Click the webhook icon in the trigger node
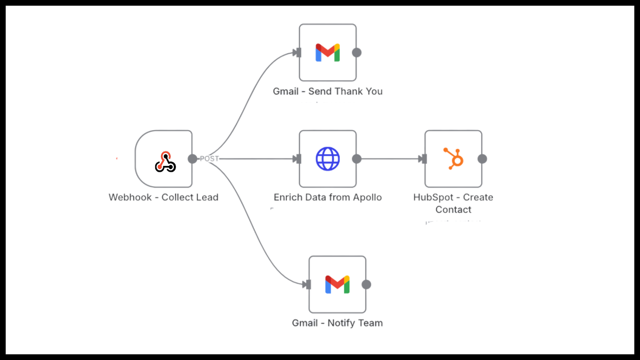coord(165,161)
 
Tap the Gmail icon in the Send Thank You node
coord(327,52)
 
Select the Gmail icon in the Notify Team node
coord(337,284)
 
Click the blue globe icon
coord(327,159)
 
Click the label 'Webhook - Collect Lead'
coord(163,197)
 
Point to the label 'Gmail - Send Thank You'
coord(327,91)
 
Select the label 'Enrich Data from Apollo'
coord(327,197)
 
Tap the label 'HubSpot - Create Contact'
coord(453,203)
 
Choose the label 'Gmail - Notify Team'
coord(337,323)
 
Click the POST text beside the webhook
coord(209,159)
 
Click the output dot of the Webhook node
coord(193,159)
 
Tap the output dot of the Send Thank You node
coord(357,52)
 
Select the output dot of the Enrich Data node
coord(357,159)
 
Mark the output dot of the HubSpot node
coord(482,159)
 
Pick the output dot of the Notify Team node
coord(366,284)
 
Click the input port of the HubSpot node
coord(424,159)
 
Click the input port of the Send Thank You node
coord(298,52)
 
